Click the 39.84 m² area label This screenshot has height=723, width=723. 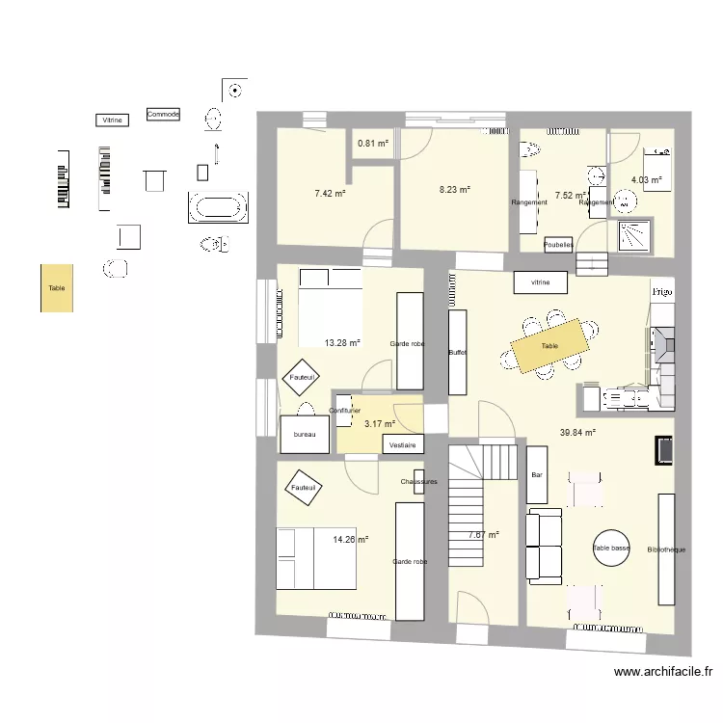click(x=577, y=433)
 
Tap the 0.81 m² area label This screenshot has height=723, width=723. click(x=373, y=145)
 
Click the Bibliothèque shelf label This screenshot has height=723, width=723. click(x=666, y=549)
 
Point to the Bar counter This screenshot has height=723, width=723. click(x=537, y=474)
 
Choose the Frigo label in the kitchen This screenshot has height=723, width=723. click(x=661, y=290)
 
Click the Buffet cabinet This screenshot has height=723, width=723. click(x=458, y=352)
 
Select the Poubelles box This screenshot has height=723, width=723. click(x=559, y=245)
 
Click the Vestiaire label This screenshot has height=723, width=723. click(x=403, y=445)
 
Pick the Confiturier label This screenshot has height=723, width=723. click(x=344, y=412)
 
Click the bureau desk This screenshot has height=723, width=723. click(x=305, y=434)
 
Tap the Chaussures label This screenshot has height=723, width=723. click(x=418, y=481)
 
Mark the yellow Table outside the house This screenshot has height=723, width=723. click(x=56, y=287)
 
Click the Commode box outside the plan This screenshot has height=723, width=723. click(x=163, y=115)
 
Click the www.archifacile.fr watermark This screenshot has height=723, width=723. click(x=662, y=672)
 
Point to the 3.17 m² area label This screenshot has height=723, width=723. click(x=380, y=423)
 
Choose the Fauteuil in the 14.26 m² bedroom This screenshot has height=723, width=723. click(x=303, y=489)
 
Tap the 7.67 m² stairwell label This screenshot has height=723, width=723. click(x=484, y=535)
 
